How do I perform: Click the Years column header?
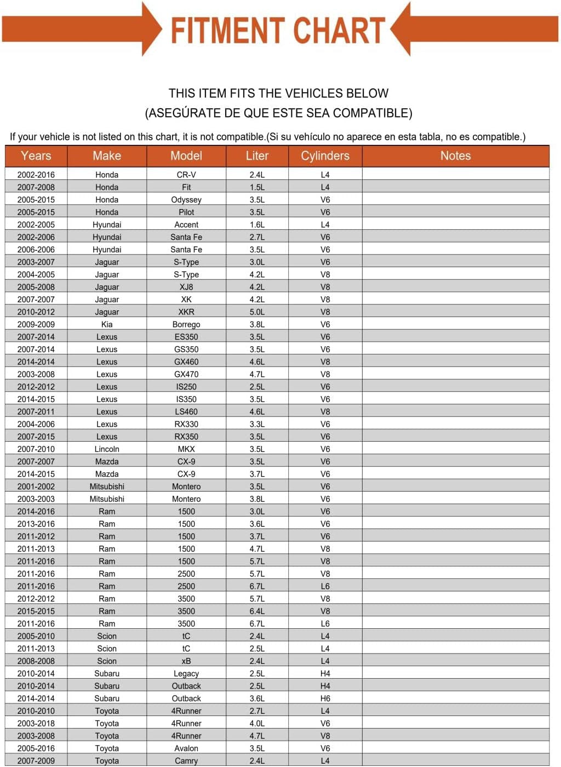[x=36, y=156]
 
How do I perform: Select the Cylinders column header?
[x=325, y=156]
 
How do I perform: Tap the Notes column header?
[x=455, y=156]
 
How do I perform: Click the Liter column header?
[x=257, y=156]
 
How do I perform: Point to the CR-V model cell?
[x=186, y=174]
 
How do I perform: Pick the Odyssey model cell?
[x=186, y=200]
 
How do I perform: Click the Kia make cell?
[x=107, y=324]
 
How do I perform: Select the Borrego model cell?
[x=186, y=324]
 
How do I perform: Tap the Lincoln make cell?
[x=107, y=449]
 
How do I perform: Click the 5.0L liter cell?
[x=257, y=312]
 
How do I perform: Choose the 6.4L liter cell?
[x=257, y=611]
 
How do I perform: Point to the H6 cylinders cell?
[x=325, y=698]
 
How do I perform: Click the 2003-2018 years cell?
[x=36, y=723]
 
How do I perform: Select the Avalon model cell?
[x=186, y=748]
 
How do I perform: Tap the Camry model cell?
[x=186, y=761]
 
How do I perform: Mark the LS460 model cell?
[x=186, y=411]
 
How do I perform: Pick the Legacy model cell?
[x=186, y=674]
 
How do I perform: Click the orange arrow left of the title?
[x=82, y=29]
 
